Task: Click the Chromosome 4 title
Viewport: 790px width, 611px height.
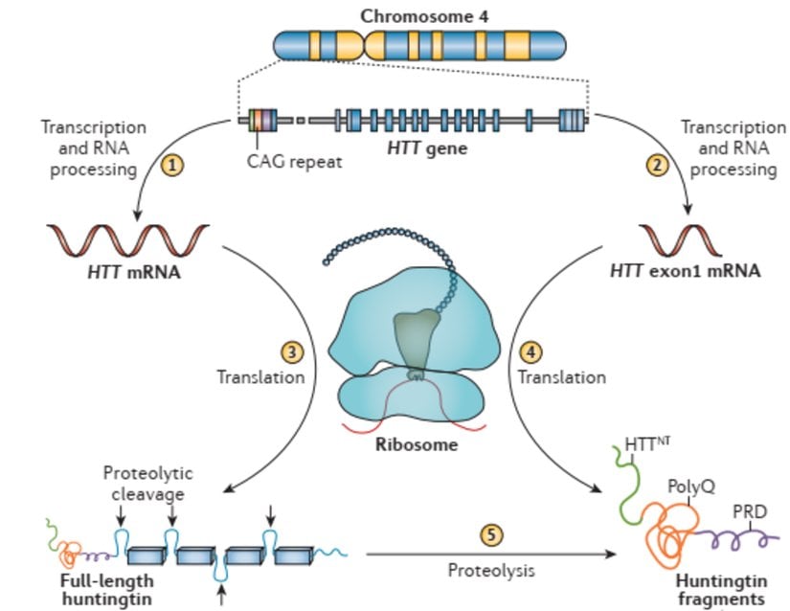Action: [x=418, y=16]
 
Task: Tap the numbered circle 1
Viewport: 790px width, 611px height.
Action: [x=171, y=165]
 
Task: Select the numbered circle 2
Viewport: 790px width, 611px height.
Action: [x=657, y=165]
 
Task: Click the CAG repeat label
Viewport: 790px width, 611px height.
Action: [x=294, y=162]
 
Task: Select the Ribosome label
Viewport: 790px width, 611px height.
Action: [x=416, y=444]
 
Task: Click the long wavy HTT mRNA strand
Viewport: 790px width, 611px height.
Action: [x=126, y=235]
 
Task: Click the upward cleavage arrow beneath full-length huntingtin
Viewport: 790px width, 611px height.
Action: [x=222, y=598]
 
